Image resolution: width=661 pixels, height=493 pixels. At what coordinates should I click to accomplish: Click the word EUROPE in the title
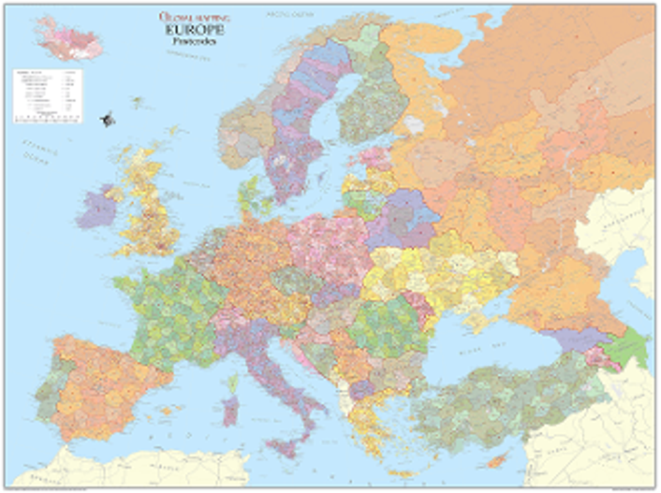[x=194, y=30]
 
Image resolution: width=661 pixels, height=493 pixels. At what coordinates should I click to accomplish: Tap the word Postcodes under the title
[x=194, y=41]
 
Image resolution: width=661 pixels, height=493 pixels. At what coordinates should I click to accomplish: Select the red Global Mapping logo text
[x=194, y=17]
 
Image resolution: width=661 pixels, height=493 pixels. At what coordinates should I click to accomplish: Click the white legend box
[x=47, y=96]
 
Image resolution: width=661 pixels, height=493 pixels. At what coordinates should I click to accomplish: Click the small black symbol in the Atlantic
[x=107, y=119]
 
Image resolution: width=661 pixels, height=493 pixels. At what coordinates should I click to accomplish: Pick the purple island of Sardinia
[x=230, y=410]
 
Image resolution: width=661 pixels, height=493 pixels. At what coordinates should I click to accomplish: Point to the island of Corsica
[x=233, y=384]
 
